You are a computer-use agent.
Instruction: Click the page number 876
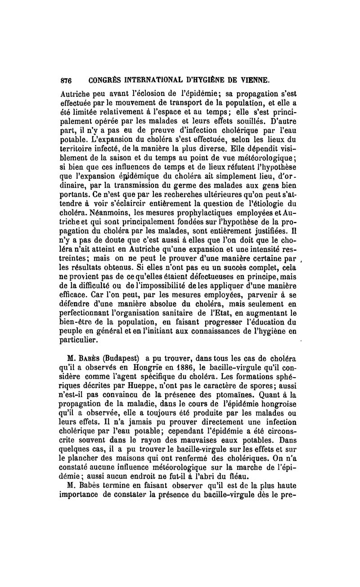66,81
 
